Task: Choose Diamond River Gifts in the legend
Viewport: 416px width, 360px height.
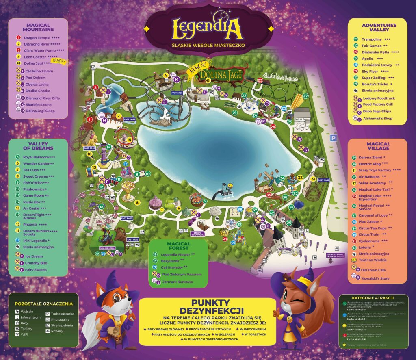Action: coord(42,98)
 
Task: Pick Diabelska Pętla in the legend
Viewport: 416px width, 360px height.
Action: coord(374,52)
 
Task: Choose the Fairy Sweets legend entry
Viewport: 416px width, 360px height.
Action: coord(35,269)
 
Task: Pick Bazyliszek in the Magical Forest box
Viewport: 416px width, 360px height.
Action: coord(170,260)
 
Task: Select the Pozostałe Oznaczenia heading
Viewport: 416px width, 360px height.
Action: coord(43,304)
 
